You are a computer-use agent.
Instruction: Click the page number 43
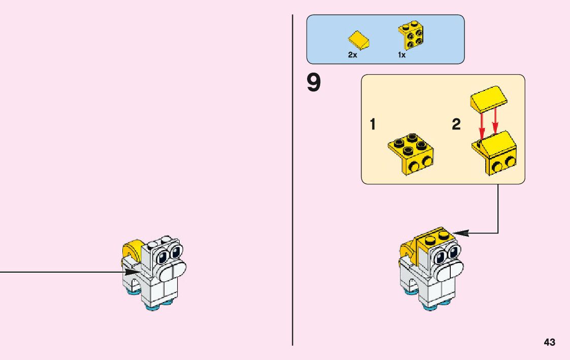coord(549,343)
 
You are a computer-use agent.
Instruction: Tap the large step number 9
coord(314,84)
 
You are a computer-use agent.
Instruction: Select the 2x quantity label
coord(352,55)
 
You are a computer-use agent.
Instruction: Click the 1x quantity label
coord(401,55)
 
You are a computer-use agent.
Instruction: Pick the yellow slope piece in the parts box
coord(358,41)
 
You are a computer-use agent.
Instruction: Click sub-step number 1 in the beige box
coord(373,124)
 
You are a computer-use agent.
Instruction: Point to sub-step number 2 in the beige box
coord(456,124)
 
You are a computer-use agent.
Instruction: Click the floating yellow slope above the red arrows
coord(489,101)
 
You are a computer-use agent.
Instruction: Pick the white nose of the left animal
coord(173,271)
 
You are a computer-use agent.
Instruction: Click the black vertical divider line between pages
coord(293,203)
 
